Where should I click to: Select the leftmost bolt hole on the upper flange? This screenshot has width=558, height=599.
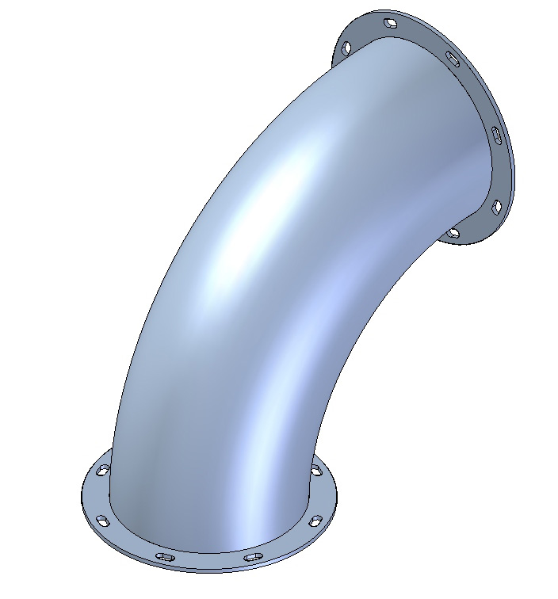coord(346,49)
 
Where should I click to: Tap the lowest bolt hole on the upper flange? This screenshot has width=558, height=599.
coord(453,233)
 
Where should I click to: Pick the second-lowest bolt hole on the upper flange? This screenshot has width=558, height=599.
coord(497,207)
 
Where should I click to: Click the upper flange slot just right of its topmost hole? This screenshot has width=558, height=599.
coord(452,59)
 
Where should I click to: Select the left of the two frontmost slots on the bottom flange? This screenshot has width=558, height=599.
coord(166,557)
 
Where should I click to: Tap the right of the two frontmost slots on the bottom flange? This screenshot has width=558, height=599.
coord(253,557)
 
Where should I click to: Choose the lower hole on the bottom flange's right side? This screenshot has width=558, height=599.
coord(315,521)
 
